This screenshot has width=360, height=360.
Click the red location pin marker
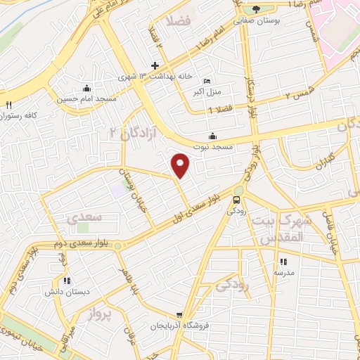click(181, 165)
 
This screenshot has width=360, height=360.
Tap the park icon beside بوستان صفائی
click(255, 9)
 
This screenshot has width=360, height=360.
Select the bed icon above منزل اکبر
click(206, 81)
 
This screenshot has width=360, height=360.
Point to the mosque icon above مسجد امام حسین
click(86, 88)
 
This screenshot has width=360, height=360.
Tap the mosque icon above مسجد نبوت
click(213, 136)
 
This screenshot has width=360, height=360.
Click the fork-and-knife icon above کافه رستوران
click(9, 105)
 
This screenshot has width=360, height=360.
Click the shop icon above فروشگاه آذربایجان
click(180, 316)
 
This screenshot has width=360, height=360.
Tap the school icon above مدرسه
click(282, 262)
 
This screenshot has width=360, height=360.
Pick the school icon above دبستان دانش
click(56, 281)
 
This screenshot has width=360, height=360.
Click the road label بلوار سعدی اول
click(200, 205)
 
